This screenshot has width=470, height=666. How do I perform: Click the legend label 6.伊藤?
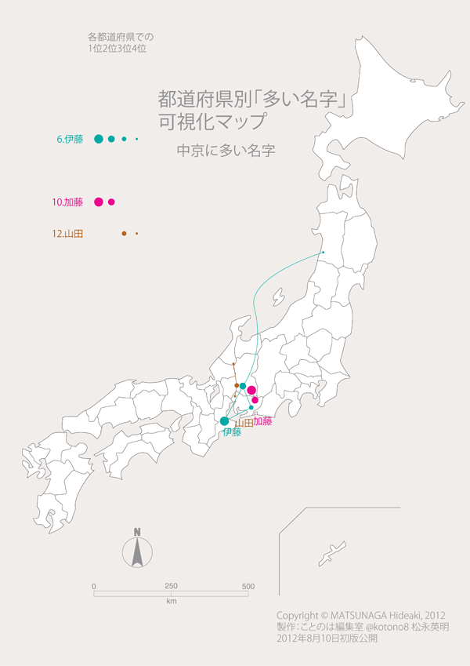point(70,140)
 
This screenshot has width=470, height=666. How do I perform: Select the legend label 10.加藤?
point(67,202)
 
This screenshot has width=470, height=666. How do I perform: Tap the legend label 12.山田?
point(67,234)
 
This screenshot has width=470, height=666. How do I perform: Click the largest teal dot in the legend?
point(99,139)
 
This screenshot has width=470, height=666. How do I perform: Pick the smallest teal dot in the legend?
point(136,140)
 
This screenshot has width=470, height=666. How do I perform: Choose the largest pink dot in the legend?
point(99,202)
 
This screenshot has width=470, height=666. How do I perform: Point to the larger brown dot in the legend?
point(124,234)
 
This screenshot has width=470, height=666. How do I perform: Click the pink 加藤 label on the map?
point(262,421)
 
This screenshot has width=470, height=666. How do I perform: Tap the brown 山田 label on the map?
point(244,424)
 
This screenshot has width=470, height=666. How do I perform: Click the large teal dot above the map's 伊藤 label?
point(225,420)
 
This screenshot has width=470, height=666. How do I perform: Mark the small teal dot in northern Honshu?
point(323,252)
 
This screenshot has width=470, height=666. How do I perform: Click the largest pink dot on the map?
point(251,391)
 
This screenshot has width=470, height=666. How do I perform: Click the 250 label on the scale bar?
point(171,587)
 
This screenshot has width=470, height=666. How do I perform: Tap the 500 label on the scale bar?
point(248,587)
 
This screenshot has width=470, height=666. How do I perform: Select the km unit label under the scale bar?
point(171,601)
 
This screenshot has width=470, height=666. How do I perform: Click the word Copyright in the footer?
point(298,614)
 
